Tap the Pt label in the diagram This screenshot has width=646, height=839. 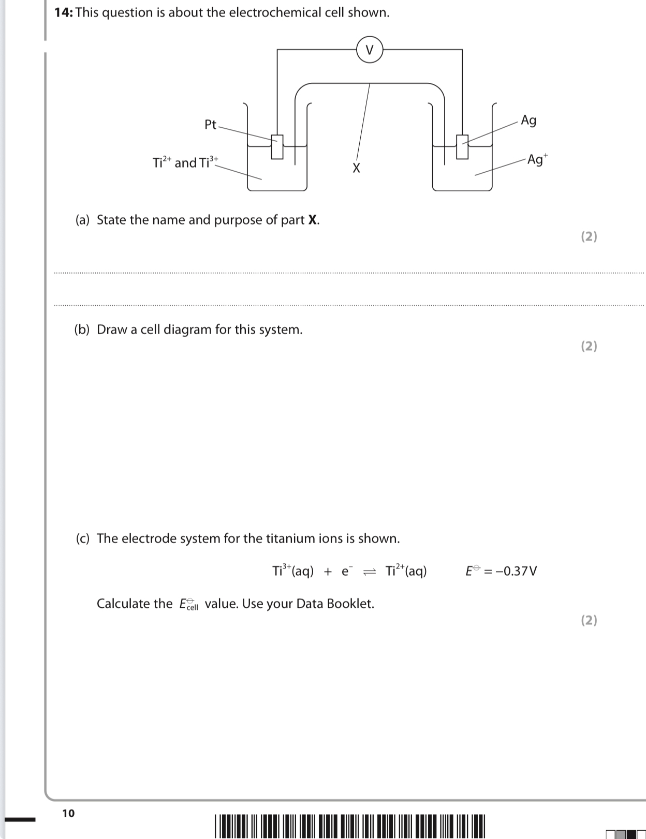pos(211,125)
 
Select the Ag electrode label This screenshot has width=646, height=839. pos(528,121)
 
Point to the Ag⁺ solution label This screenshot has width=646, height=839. pos(537,159)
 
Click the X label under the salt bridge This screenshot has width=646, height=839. pos(356,168)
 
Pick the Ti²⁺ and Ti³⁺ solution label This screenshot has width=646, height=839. pos(185,162)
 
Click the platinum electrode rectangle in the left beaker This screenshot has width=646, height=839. pos(277,147)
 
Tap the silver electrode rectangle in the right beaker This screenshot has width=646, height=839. pos(462,147)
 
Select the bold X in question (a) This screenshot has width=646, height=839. pos(313,220)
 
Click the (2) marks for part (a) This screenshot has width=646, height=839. pos(589,236)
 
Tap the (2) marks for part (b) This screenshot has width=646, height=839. pos(589,346)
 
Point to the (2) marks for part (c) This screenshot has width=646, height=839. pos(589,620)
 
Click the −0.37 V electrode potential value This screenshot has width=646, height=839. pos(516,571)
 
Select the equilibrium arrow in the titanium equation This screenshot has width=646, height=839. pos(370,572)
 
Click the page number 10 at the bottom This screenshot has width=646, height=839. pos(68,813)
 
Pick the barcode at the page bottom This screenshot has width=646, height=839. pos(350,826)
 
